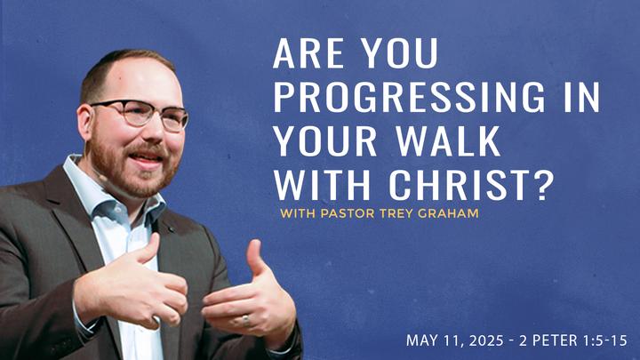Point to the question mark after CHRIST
(544, 185)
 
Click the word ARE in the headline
(309, 53)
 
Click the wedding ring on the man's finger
(245, 320)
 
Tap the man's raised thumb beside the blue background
(255, 258)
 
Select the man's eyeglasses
(139, 114)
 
